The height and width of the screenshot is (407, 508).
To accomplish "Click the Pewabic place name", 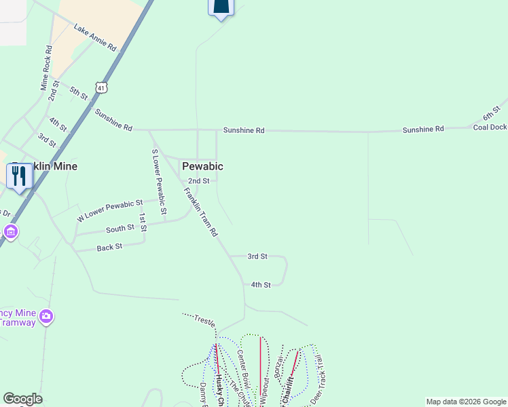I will coord(202,166).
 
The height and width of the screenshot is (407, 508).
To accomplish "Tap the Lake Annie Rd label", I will coord(96,39).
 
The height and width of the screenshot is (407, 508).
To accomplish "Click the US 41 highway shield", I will coord(101,88).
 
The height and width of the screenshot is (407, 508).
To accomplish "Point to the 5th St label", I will coord(79,94).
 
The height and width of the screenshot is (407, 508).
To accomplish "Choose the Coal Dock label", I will coord(490,127).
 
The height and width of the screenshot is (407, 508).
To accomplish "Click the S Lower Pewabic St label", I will coord(159,182).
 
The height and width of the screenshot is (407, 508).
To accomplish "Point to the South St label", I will coord(120,229).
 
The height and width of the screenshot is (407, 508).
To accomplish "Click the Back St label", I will coord(109,247).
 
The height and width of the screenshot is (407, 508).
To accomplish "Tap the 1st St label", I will coord(143,222).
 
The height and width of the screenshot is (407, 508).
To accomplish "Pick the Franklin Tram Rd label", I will coord(201,212).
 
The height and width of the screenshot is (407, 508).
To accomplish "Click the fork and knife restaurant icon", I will coord(19,176).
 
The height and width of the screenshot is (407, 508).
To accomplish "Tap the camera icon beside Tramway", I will coord(46,316).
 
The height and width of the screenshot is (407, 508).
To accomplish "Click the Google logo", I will coord(22,399).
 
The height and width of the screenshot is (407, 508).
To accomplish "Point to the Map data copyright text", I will coord(465,402).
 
